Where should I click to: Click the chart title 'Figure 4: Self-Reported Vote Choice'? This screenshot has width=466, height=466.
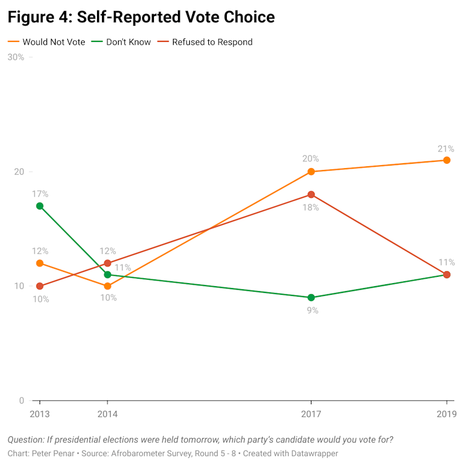[x=141, y=17]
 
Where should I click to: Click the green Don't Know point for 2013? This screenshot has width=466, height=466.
[x=40, y=206]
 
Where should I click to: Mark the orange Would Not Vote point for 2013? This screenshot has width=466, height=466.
[x=40, y=263]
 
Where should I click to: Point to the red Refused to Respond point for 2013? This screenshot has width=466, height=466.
[x=40, y=286]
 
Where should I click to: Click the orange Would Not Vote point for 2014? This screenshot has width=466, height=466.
[x=108, y=286]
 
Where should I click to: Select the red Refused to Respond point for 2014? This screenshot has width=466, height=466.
[x=108, y=263]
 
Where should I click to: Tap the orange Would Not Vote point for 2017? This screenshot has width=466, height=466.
[x=311, y=172]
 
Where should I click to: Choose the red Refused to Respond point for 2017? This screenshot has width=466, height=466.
[x=311, y=195]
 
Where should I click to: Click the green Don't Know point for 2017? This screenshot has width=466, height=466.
[x=311, y=297]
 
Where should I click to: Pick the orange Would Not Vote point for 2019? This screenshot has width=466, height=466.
[x=447, y=160]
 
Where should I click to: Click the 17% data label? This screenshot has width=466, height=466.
[x=40, y=194]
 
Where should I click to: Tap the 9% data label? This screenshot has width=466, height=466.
[x=313, y=310]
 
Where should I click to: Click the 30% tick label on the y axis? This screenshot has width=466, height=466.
[x=15, y=57]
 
